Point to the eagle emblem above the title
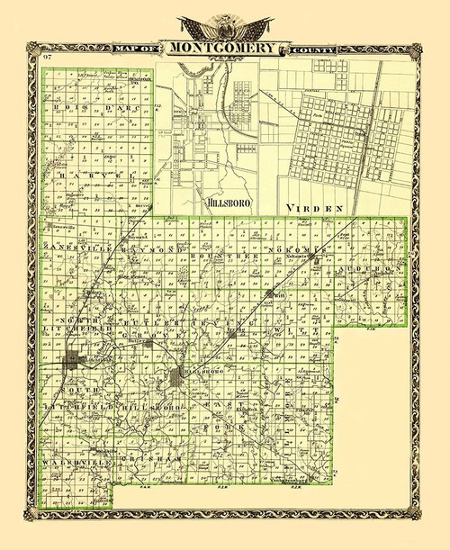click(x=224, y=25)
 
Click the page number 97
click(x=45, y=59)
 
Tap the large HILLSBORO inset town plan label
click(x=226, y=203)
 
